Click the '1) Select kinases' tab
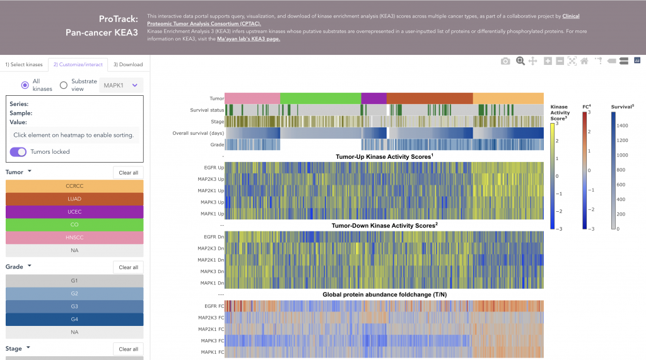[x=24, y=64]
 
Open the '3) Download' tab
[x=128, y=64]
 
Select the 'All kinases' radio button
[x=25, y=85]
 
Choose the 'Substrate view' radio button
[x=63, y=85]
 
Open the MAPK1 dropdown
[x=121, y=85]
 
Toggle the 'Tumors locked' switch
[x=18, y=152]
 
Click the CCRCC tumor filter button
[x=74, y=186]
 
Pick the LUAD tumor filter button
[x=74, y=199]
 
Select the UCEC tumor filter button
[x=74, y=212]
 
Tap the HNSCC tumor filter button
[x=74, y=238]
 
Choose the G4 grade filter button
[x=74, y=319]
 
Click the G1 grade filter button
[x=74, y=281]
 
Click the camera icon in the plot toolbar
[x=505, y=61]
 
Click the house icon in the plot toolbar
[x=585, y=61]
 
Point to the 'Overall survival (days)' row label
[x=197, y=133]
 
